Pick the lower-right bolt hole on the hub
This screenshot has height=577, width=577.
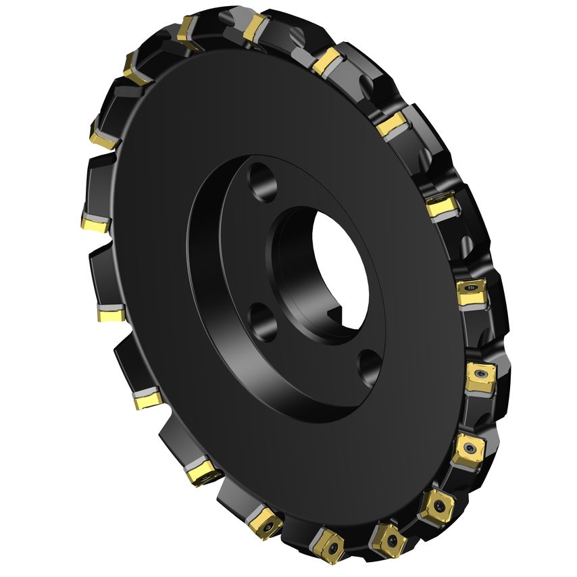click(369, 365)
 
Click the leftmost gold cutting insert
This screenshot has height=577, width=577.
click(94, 222)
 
